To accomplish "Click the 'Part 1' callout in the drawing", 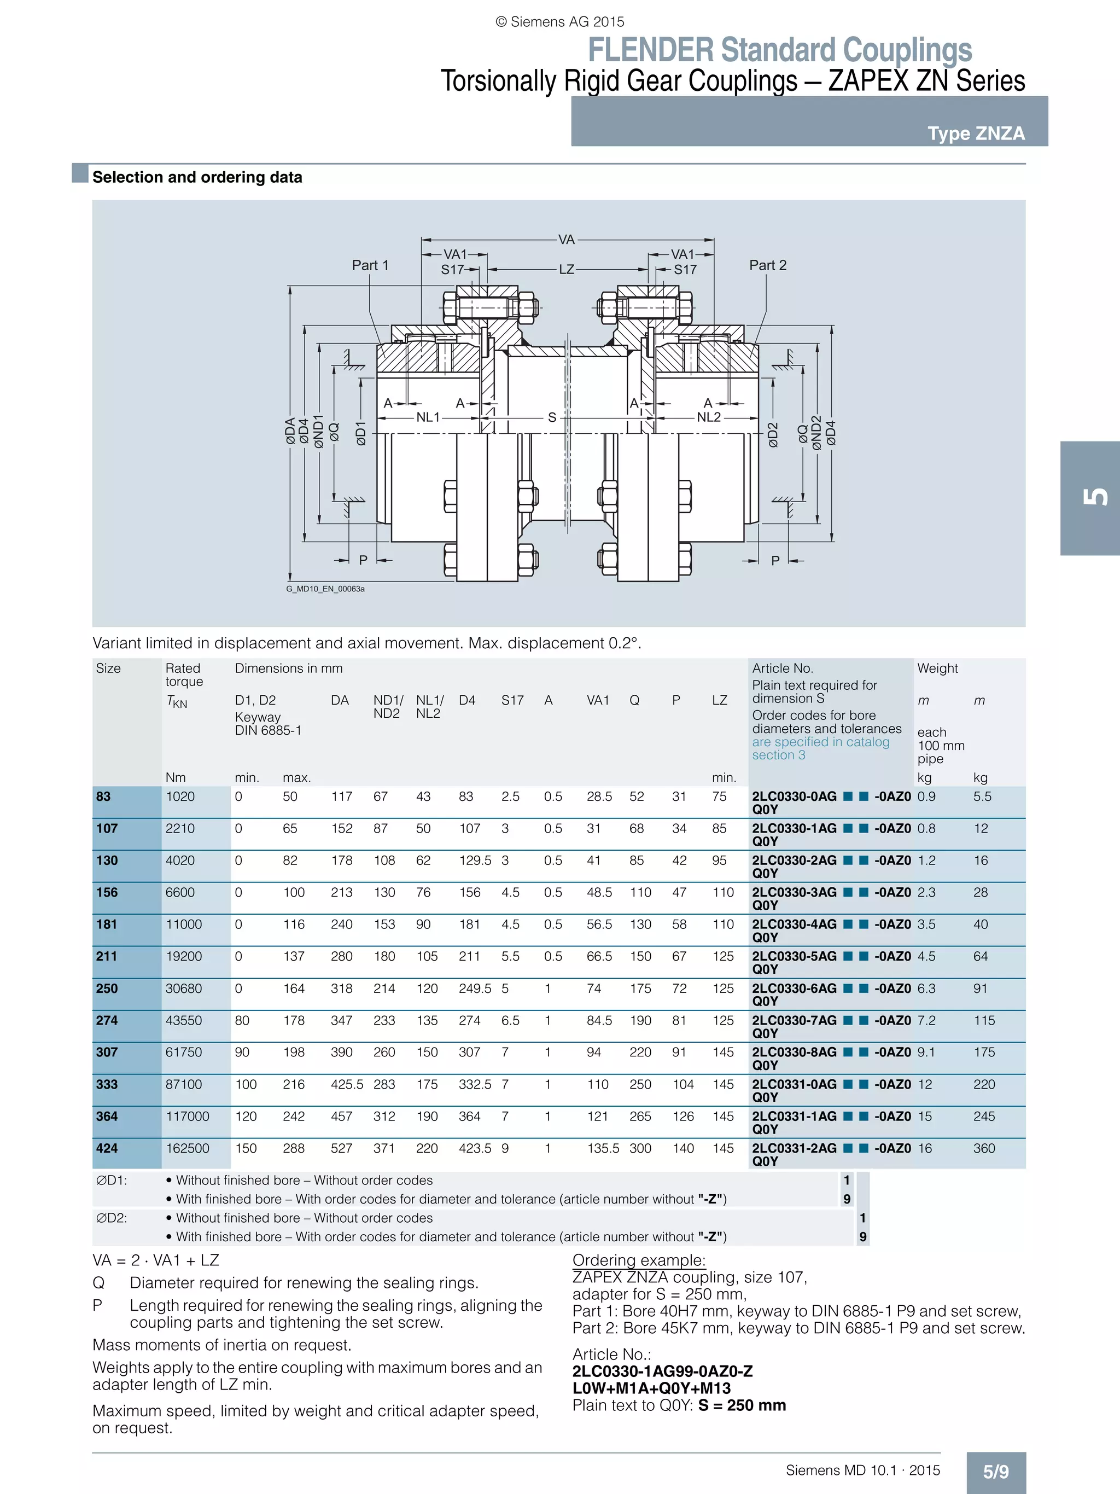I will pos(370,265).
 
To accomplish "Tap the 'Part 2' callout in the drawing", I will pos(768,265).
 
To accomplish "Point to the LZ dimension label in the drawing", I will pos(567,270).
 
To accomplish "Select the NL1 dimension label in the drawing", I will pos(428,417).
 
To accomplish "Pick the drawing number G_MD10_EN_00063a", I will pos(325,589).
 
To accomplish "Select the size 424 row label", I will pos(107,1148).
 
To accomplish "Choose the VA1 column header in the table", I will pos(598,700).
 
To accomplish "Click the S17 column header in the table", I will pos(512,700).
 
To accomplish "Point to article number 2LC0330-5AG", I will pos(794,956).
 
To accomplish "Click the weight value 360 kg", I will pos(984,1148).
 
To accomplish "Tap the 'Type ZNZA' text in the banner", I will pos(976,133).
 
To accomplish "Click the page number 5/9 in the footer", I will pos(996,1472).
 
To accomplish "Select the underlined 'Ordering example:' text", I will pos(639,1260).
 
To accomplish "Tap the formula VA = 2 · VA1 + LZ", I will pos(156,1260).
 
